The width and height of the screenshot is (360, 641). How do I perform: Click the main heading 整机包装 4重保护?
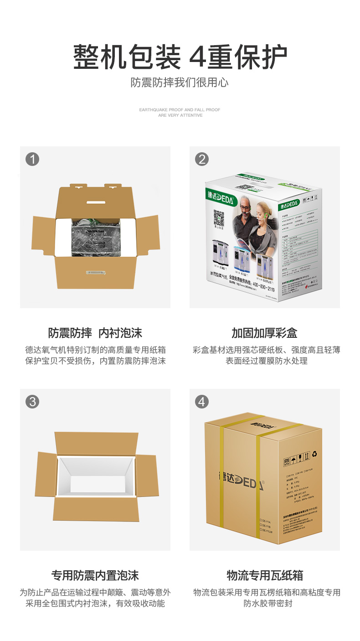click(180, 57)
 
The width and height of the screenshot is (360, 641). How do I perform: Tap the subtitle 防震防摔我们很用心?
click(180, 83)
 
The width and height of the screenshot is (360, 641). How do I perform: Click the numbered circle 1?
click(32, 159)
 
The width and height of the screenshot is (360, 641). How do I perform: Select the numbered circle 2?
click(201, 159)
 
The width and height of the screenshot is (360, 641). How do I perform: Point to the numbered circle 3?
click(32, 402)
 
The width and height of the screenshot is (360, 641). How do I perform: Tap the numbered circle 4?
click(201, 402)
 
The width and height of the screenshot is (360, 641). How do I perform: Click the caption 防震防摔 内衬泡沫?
click(95, 333)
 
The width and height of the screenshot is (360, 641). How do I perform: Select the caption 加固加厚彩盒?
click(264, 333)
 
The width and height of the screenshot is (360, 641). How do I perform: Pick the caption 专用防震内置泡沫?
click(95, 575)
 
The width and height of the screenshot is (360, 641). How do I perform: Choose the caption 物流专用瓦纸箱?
click(264, 575)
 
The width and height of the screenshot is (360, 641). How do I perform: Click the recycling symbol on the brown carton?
click(314, 454)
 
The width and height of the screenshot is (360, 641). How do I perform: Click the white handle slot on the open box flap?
click(95, 202)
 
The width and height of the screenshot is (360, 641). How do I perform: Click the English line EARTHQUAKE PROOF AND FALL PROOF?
click(180, 110)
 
